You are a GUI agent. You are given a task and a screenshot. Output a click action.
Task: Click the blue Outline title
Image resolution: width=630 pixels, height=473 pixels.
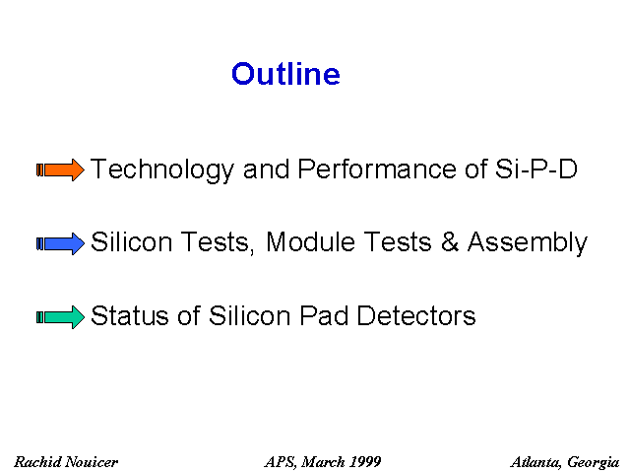point(285,74)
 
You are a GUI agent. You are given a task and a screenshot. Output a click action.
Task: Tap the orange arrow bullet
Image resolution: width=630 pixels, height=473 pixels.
point(60,169)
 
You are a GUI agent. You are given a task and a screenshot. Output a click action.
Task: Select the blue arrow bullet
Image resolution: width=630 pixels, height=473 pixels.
point(60,243)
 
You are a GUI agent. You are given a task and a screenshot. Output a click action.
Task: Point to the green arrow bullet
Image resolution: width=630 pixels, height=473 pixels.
point(60,317)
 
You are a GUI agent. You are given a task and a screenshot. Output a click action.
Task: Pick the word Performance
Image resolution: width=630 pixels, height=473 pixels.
point(377,169)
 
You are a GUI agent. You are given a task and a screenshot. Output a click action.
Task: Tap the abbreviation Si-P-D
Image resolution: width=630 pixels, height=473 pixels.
point(535,169)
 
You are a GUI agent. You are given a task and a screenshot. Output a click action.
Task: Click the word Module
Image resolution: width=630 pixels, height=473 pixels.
point(311,242)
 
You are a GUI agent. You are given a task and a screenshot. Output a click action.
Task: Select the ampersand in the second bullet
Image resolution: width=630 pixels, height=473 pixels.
point(450,242)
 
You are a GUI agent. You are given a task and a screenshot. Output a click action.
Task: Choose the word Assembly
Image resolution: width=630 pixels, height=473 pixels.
point(528,243)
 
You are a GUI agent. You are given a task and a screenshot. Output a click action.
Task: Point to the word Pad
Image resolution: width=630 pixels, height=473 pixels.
point(324,315)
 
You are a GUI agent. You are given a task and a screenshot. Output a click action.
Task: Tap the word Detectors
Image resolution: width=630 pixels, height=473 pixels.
point(416,315)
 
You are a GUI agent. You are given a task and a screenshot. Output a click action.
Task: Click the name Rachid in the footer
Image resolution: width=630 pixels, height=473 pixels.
point(38,462)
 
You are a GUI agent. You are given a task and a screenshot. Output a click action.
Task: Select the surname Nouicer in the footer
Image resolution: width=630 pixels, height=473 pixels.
point(92,462)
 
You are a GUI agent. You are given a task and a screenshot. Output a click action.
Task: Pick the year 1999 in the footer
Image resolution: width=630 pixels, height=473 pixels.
point(365,462)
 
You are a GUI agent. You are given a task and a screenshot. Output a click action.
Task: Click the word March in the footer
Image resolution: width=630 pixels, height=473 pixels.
point(323,462)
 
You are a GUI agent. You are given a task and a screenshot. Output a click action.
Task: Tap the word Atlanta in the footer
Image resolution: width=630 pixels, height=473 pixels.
point(536,462)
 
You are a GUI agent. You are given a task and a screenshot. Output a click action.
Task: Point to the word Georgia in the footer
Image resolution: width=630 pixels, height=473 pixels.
point(593,463)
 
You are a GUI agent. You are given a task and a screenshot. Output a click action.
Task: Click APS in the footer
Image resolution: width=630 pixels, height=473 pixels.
point(281,462)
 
